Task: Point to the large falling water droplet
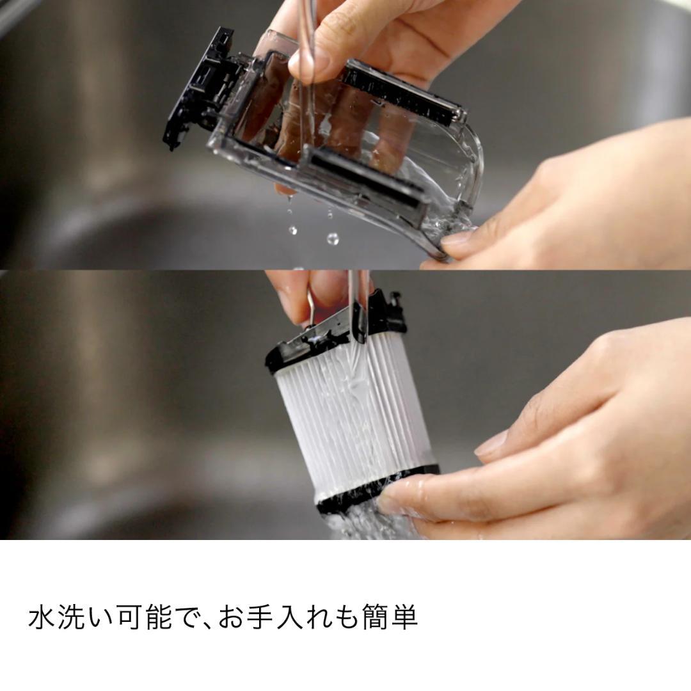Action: (333, 239)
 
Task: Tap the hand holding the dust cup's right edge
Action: (576, 198)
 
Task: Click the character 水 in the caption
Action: (42, 618)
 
